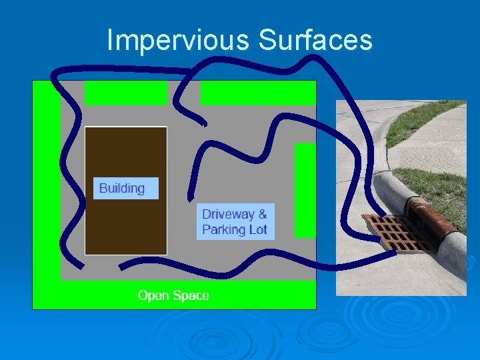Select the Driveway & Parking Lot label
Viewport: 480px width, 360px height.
(235, 222)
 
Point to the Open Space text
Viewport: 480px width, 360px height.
(173, 295)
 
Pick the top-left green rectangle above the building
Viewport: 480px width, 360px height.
(125, 93)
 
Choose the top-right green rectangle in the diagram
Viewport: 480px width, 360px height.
(257, 93)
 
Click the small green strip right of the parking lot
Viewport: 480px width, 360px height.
(305, 190)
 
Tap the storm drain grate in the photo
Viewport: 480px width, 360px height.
(395, 231)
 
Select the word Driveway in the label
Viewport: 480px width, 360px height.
(228, 215)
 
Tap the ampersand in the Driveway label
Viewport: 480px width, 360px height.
(262, 215)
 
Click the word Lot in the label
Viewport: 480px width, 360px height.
(258, 230)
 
